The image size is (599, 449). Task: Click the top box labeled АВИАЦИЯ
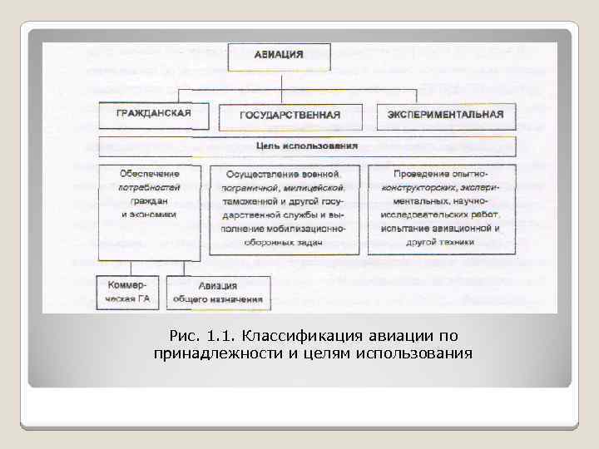[x=285, y=56]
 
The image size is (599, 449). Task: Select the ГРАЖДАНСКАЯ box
[x=154, y=114]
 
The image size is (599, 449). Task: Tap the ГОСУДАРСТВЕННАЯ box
[x=290, y=116]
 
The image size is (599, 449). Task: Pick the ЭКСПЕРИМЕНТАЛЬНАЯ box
[x=446, y=115]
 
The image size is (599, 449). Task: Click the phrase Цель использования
[x=307, y=146]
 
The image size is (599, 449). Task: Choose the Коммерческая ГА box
[x=130, y=291]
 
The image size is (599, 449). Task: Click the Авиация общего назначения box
[x=218, y=292]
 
